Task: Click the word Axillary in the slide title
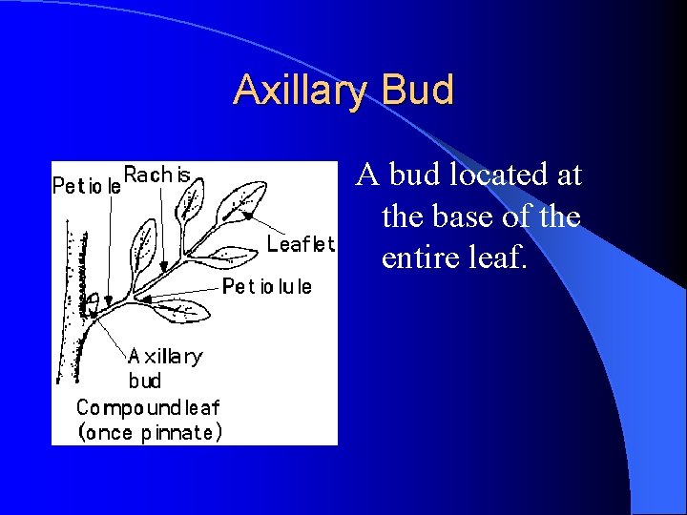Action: [302, 91]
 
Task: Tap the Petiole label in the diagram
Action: [86, 187]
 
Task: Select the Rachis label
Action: [157, 175]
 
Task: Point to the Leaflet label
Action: [301, 244]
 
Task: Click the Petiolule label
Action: [267, 287]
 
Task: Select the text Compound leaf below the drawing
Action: [148, 407]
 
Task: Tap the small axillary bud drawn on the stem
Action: [93, 304]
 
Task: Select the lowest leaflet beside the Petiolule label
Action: [181, 310]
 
